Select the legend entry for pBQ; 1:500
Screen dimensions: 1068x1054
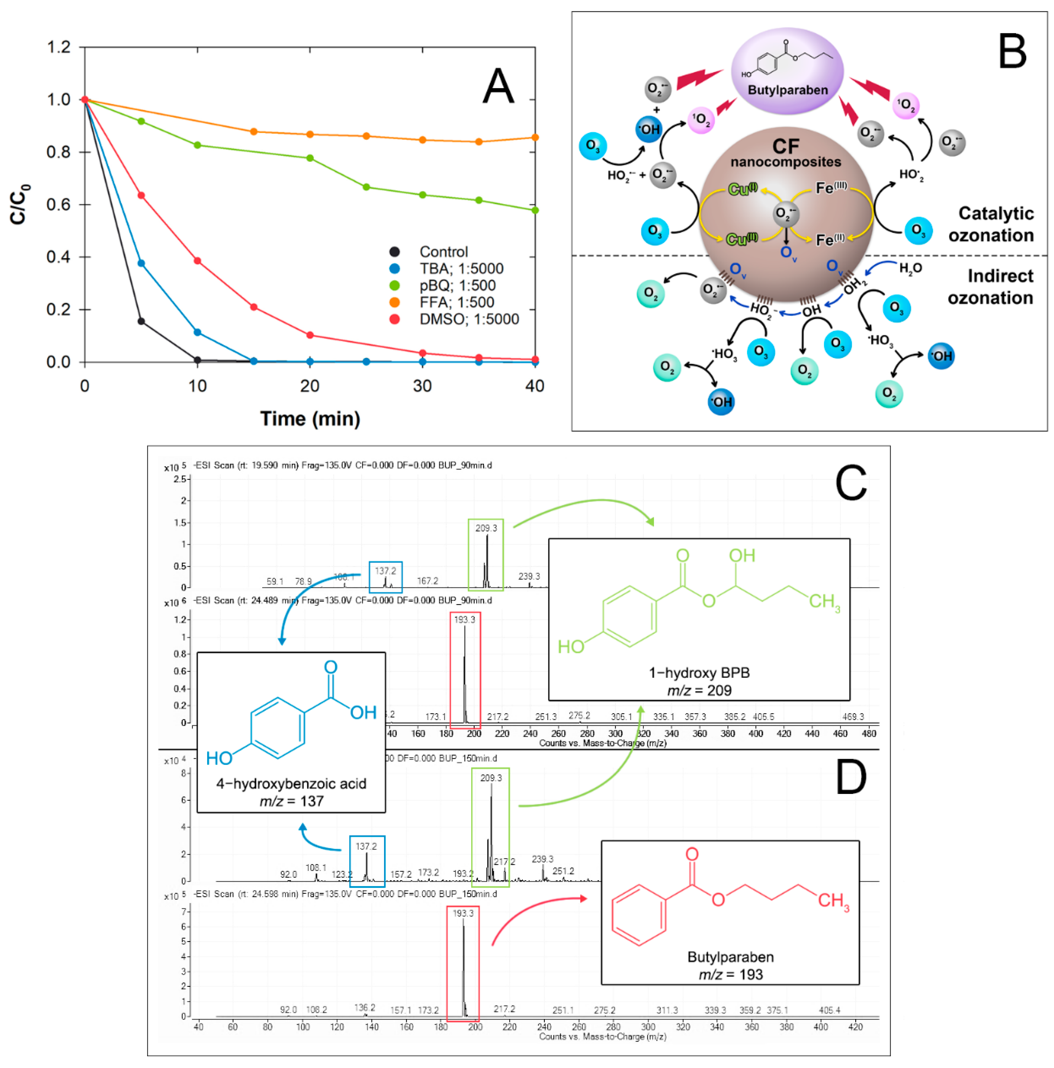point(457,285)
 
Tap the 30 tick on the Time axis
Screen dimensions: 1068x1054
point(422,386)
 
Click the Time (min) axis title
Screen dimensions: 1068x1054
point(310,419)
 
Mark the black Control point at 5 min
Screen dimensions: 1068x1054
point(141,321)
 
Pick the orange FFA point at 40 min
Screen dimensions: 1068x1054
point(534,138)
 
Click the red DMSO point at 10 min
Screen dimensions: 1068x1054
point(197,261)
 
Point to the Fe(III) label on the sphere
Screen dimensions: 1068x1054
point(831,188)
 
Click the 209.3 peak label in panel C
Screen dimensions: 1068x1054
point(486,528)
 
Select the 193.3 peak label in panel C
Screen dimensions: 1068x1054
point(464,620)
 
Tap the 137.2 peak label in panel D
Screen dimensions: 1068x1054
point(366,846)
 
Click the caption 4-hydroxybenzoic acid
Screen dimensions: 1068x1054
point(291,783)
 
